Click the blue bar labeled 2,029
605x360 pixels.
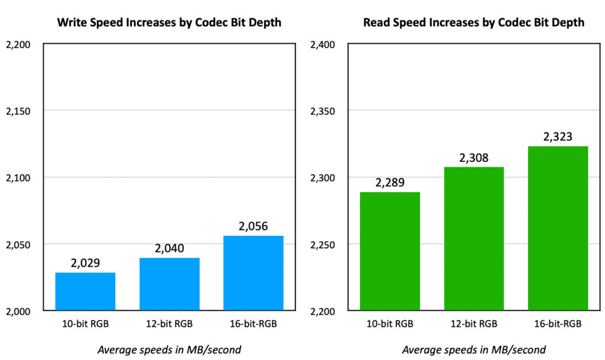click(85, 291)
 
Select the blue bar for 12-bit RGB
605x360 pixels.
click(170, 284)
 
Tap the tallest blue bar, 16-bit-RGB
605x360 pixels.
click(253, 273)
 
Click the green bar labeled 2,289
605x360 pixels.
click(390, 251)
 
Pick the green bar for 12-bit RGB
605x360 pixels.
click(474, 239)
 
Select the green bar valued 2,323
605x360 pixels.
click(558, 228)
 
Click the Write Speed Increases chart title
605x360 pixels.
click(169, 23)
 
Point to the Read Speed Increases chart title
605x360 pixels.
click(474, 23)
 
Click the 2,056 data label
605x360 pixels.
click(253, 226)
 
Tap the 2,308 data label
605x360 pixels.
click(474, 158)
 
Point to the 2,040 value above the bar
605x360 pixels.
click(170, 248)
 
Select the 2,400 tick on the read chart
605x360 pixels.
click(323, 44)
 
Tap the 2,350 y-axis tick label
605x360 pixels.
click(323, 111)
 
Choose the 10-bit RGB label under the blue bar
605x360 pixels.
click(85, 325)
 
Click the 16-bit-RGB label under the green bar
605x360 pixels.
click(558, 325)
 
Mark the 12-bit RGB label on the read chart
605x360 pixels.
click(474, 325)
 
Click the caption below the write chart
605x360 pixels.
click(169, 349)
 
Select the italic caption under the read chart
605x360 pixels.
click(474, 349)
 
